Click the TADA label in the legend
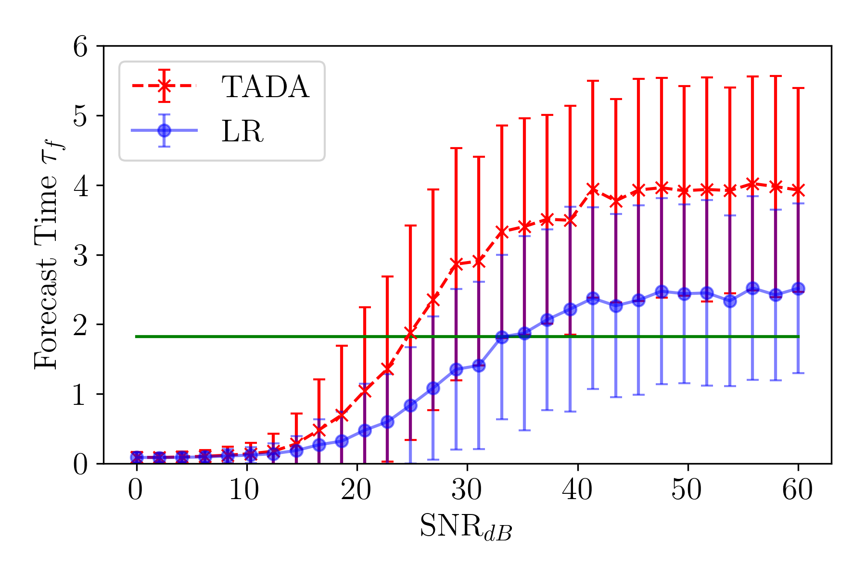[x=265, y=87]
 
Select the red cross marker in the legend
[x=165, y=86]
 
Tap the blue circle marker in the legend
[x=165, y=130]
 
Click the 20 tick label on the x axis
[x=357, y=491]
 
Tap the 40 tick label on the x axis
[x=577, y=491]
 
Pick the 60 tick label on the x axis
[x=798, y=491]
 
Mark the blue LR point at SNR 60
[x=799, y=288]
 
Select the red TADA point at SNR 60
[x=799, y=190]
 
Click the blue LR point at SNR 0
[x=137, y=457]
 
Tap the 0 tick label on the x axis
[x=136, y=491]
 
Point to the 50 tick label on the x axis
[x=688, y=491]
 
